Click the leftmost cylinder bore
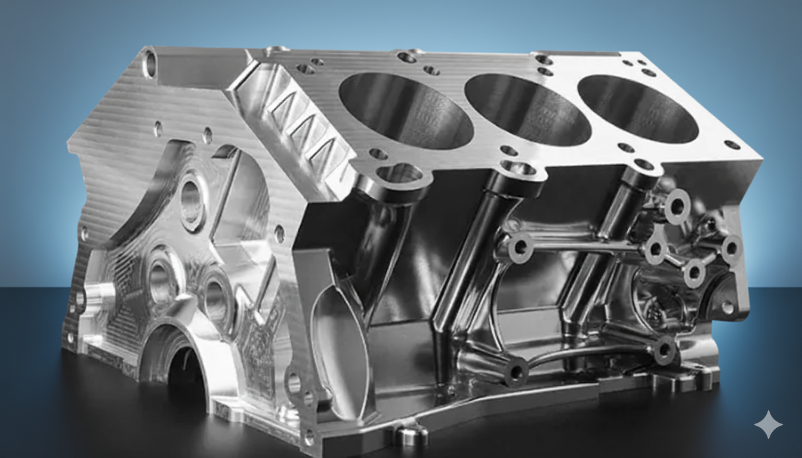click(x=406, y=110)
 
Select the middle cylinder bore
click(x=528, y=109)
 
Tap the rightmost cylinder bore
click(x=638, y=108)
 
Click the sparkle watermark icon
click(x=768, y=425)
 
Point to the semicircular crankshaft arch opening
click(x=179, y=364)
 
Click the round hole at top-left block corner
click(x=150, y=64)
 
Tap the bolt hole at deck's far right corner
click(x=732, y=144)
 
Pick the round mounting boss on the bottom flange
click(x=412, y=434)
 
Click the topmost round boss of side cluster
click(x=677, y=206)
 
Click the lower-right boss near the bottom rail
click(x=664, y=350)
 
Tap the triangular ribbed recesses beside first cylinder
click(x=304, y=125)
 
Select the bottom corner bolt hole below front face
click(x=309, y=438)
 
